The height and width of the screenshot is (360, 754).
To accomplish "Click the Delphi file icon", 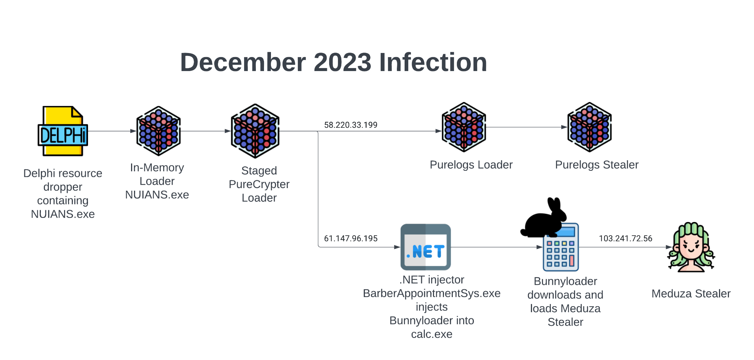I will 63,131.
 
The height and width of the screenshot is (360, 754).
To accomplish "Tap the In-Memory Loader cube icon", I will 158,131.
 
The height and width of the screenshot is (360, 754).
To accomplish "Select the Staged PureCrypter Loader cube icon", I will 255,131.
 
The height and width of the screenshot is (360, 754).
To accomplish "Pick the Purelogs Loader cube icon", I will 464,127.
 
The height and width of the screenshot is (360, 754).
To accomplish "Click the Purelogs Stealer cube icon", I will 589,127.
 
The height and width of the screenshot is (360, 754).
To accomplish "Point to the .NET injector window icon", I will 426,247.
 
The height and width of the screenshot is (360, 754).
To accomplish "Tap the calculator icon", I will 561,249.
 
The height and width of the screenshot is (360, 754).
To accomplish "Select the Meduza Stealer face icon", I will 691,247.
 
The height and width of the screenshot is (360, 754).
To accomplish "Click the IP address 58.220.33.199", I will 350,125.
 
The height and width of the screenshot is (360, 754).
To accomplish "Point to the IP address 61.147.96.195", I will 350,239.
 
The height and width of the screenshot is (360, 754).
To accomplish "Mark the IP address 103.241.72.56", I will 626,239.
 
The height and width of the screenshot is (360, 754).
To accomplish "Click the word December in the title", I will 243,62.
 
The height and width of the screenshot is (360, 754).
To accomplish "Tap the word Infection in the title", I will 433,62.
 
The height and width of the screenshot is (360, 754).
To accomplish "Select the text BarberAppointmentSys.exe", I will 431,293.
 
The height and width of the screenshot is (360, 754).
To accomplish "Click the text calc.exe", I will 431,334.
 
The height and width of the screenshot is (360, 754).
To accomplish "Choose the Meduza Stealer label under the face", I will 691,294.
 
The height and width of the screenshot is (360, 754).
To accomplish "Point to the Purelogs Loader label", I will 471,165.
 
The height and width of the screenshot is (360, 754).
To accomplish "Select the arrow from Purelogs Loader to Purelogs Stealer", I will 526,127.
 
